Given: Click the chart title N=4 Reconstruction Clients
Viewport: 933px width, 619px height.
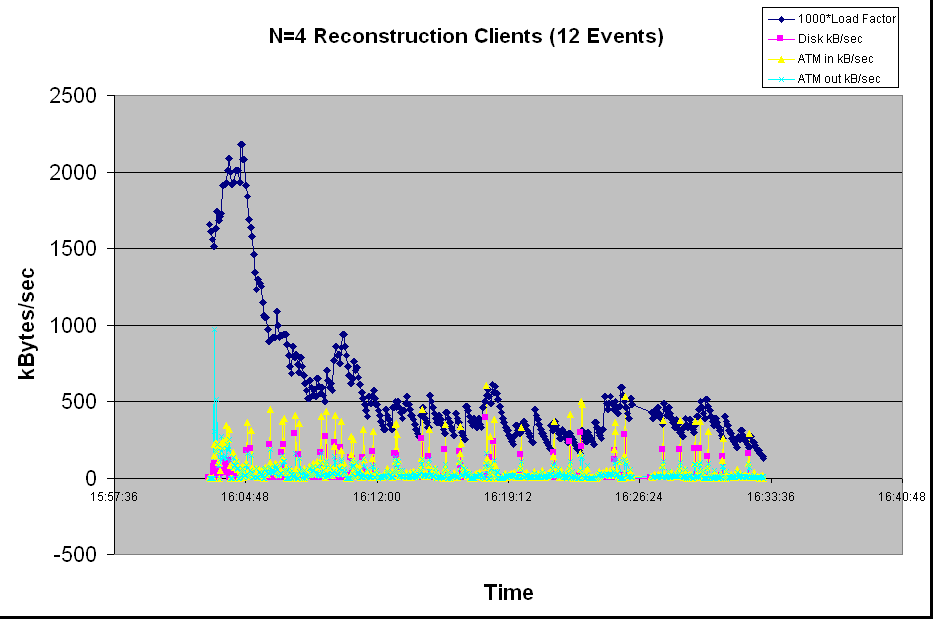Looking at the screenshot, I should click(467, 37).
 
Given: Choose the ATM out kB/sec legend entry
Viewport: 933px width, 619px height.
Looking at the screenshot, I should click(838, 79).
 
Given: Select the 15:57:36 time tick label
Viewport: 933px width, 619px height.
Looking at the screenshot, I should click(114, 496).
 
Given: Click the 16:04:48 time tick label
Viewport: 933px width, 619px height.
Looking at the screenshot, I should click(245, 496).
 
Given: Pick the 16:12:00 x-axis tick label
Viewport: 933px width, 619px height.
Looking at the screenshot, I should click(377, 496).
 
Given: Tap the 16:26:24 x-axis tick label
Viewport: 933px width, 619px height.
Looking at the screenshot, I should click(640, 496).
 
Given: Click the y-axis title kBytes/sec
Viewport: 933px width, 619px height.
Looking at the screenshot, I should click(29, 325).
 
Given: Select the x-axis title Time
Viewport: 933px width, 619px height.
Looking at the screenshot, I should click(508, 592).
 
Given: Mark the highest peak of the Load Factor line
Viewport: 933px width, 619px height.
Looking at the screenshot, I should click(241, 145).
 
